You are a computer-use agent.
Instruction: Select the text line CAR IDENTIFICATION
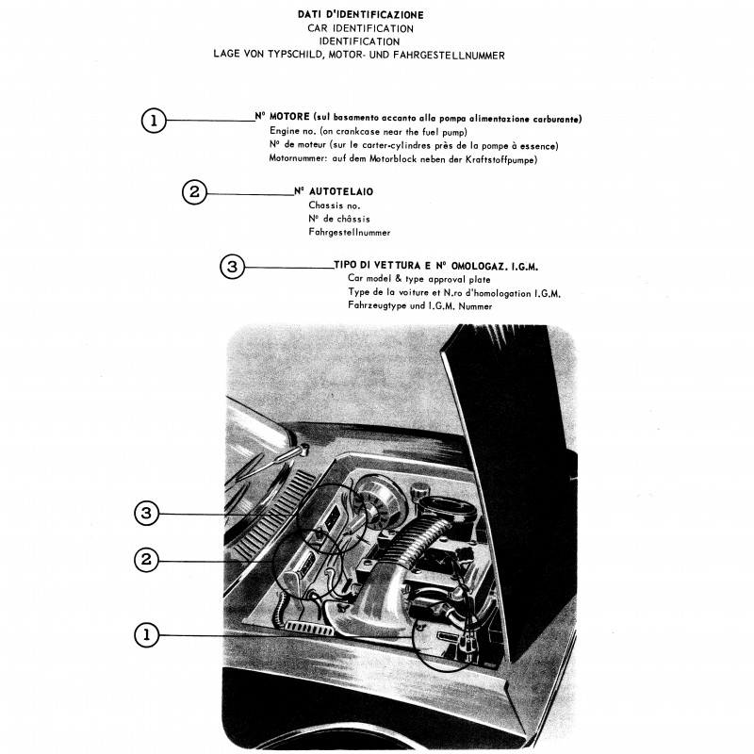pyautogui.click(x=359, y=28)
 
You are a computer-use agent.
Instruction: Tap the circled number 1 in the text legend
pyautogui.click(x=154, y=120)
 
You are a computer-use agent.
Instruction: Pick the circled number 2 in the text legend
pyautogui.click(x=193, y=192)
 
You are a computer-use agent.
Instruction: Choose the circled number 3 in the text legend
pyautogui.click(x=232, y=267)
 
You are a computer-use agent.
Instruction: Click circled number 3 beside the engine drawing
pyautogui.click(x=146, y=514)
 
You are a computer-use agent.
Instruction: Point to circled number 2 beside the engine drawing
pyautogui.click(x=146, y=560)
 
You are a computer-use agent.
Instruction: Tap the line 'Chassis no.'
pyautogui.click(x=334, y=205)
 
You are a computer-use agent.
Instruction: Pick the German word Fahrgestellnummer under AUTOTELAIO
pyautogui.click(x=349, y=232)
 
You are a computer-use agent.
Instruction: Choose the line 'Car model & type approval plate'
pyautogui.click(x=420, y=280)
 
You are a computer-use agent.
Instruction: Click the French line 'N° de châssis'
pyautogui.click(x=338, y=219)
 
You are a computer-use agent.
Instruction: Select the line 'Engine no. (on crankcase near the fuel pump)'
pyautogui.click(x=368, y=132)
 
